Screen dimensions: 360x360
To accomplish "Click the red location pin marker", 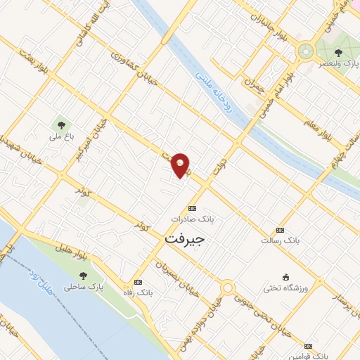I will [x=181, y=165].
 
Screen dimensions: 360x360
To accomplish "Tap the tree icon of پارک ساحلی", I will [x=84, y=276].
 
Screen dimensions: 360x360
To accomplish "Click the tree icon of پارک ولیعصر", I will [x=338, y=52].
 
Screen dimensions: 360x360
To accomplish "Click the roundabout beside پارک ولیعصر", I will [x=305, y=51].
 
